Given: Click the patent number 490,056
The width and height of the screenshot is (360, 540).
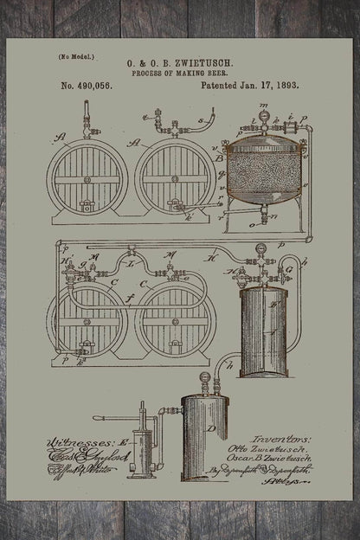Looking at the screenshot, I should (96, 86).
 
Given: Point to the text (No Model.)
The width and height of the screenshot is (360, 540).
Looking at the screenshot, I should (76, 57).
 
